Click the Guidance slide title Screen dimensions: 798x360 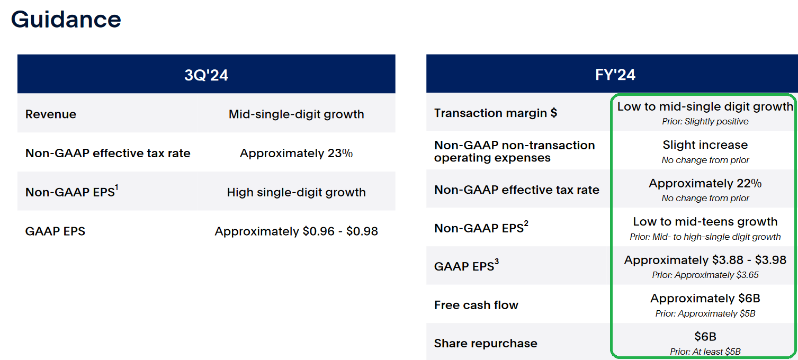tap(66, 20)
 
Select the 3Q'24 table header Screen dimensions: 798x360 tap(207, 75)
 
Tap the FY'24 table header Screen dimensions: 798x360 tap(615, 75)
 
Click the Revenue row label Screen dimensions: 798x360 tap(51, 114)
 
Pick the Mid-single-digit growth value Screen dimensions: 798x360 tap(297, 114)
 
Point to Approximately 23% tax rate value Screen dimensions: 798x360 tap(297, 153)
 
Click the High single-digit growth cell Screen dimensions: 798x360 tap(297, 192)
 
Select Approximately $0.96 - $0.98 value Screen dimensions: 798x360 tap(297, 231)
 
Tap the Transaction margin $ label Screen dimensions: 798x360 tap(496, 113)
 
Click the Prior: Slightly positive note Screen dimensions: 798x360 tap(705, 121)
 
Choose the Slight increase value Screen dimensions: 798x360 tap(705, 145)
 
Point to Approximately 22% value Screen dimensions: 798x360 tap(705, 183)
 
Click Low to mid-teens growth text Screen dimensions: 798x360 tap(705, 221)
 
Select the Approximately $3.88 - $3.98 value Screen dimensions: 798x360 tap(705, 260)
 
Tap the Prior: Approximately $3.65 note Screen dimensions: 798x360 tap(705, 275)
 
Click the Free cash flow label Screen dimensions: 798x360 tap(476, 305)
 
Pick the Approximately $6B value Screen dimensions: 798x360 tap(705, 298)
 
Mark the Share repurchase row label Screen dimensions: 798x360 tap(486, 343)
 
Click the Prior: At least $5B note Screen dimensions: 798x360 tap(705, 352)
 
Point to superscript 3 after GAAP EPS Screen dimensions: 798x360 tap(497, 262)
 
